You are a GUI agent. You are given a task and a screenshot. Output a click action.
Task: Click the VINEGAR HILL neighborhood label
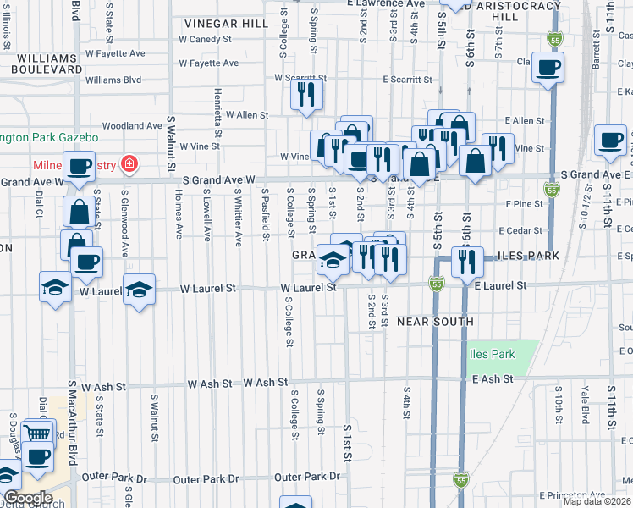coord(221,23)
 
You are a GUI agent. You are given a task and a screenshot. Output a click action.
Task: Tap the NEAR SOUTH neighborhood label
coord(434,322)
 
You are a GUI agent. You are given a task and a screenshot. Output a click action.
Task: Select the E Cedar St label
coord(519,230)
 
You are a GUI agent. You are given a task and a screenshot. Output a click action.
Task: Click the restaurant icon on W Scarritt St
coord(306,95)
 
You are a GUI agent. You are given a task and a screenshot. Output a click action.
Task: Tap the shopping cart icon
coord(39,433)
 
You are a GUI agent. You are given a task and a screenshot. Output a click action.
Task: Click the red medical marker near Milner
coord(129,163)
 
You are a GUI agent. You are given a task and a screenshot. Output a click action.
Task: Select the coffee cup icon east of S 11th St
coord(609,141)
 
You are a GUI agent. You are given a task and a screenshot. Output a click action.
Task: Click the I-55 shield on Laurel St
coord(436,283)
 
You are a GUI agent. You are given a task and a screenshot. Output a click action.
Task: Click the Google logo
coord(28,499)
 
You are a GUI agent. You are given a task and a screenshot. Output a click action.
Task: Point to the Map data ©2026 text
coord(596,501)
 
